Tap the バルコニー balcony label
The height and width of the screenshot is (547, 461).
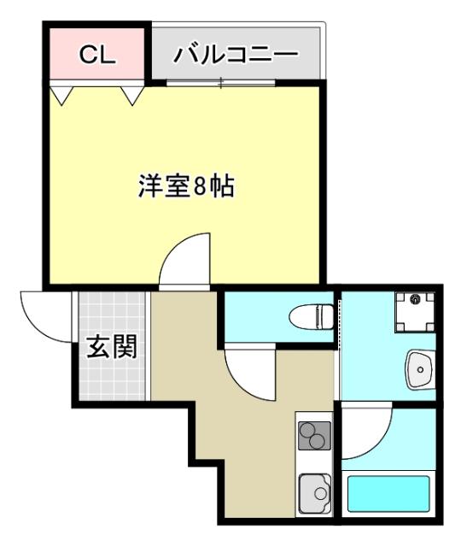[x=236, y=56]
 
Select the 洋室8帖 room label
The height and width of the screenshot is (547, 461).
[x=187, y=185]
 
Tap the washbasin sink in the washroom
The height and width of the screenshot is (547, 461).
[x=420, y=369]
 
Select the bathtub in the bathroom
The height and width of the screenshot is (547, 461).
[x=388, y=494]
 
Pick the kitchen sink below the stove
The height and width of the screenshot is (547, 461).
[x=314, y=494]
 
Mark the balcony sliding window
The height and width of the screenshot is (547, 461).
[x=221, y=83]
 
